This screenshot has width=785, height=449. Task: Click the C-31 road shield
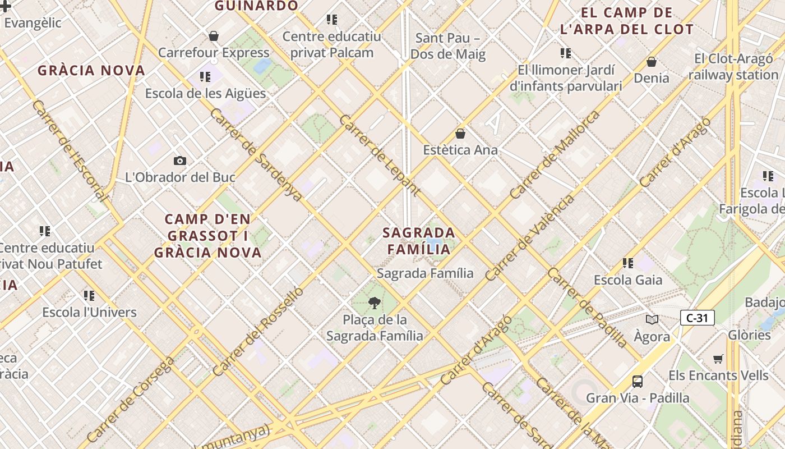pos(697,318)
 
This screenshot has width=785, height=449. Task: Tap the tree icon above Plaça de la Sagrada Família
pos(374,304)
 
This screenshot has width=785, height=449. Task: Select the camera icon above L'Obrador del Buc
pos(180,161)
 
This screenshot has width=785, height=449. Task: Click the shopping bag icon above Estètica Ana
pos(460,134)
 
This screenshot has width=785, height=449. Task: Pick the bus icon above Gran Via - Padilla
pos(638,382)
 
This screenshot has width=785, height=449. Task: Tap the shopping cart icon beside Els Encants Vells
pos(718,359)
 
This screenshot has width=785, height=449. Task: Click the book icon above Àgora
pos(652,320)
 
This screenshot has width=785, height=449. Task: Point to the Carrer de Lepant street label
pos(380,155)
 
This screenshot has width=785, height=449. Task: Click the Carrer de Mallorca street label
pos(555,155)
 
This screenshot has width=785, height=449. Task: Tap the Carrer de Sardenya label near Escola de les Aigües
pos(256,154)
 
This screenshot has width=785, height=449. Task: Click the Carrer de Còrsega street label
pos(131,399)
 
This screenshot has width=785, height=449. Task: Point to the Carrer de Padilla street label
pos(587,308)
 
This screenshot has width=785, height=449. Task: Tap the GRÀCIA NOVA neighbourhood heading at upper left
pos(91,71)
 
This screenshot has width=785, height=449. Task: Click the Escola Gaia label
pos(628,280)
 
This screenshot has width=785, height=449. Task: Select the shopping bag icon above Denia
pos(652,62)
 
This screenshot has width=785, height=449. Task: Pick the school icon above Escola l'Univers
pos(89,295)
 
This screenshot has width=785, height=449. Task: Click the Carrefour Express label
pos(214,53)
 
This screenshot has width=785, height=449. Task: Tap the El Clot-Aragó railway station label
pos(733,67)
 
